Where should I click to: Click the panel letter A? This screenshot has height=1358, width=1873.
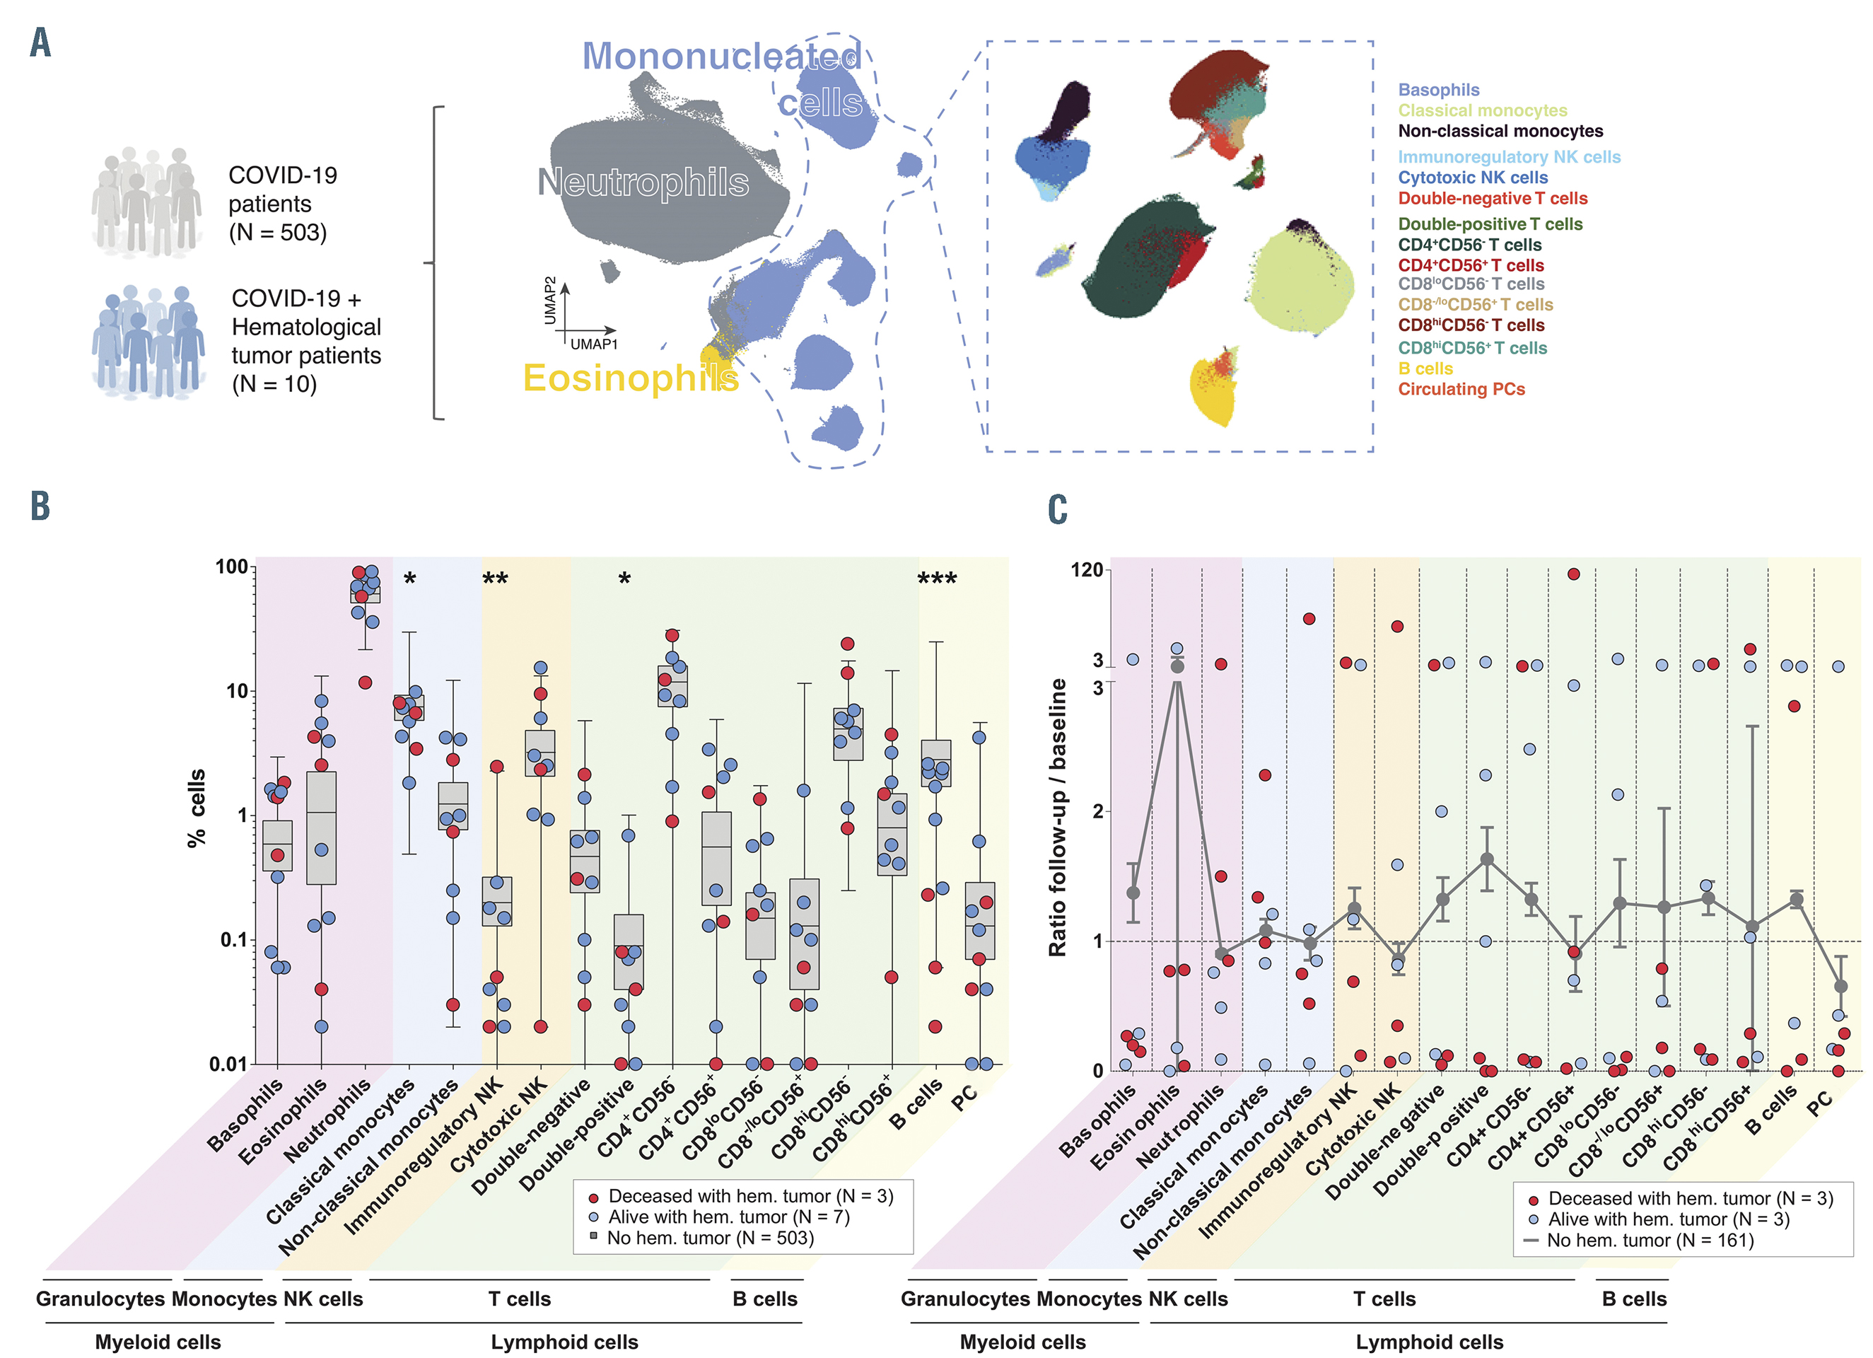tap(40, 42)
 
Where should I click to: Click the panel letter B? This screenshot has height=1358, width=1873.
tap(40, 506)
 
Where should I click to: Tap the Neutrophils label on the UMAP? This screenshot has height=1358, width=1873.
tap(643, 182)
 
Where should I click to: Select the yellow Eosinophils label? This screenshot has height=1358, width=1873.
tap(630, 378)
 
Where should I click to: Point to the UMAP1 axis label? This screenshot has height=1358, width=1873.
tap(594, 344)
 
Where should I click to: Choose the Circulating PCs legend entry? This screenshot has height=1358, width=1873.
tap(1461, 389)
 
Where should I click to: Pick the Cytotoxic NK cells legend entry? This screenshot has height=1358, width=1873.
tap(1473, 178)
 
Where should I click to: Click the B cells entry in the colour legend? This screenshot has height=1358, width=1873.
tap(1425, 368)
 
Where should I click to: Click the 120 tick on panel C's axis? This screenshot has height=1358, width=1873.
tap(1086, 570)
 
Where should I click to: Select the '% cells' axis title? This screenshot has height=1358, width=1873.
tap(197, 808)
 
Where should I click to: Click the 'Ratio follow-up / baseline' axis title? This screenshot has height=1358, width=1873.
tap(1057, 818)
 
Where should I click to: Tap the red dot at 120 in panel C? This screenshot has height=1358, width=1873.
tap(1573, 574)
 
